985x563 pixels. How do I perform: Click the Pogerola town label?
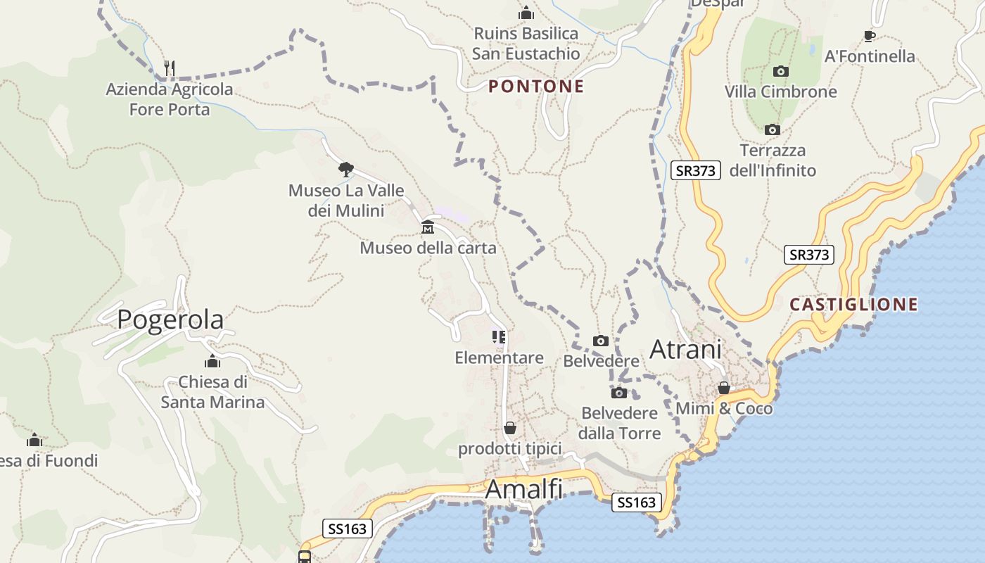170,320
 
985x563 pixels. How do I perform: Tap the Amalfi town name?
524,488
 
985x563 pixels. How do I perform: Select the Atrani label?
685,350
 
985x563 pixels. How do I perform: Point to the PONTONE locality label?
536,87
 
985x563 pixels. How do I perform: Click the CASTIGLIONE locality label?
853,305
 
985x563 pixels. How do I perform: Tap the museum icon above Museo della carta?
427,227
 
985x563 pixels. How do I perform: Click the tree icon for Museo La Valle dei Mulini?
345,169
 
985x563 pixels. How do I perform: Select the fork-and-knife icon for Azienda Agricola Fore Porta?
169,68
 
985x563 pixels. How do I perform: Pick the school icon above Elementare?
499,337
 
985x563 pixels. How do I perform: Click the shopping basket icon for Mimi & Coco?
724,388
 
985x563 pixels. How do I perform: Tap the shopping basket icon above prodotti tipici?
510,428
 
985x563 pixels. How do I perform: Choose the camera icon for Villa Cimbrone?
780,71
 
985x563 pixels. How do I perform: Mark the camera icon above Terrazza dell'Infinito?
773,129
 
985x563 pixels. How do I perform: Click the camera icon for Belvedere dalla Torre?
619,393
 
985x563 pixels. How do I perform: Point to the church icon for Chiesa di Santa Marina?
212,362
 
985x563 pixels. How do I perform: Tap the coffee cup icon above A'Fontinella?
870,36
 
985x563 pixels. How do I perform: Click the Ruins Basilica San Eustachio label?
526,44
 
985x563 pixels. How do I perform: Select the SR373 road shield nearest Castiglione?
808,255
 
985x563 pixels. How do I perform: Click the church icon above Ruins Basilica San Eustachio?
526,13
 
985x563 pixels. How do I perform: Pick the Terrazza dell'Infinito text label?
773,160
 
